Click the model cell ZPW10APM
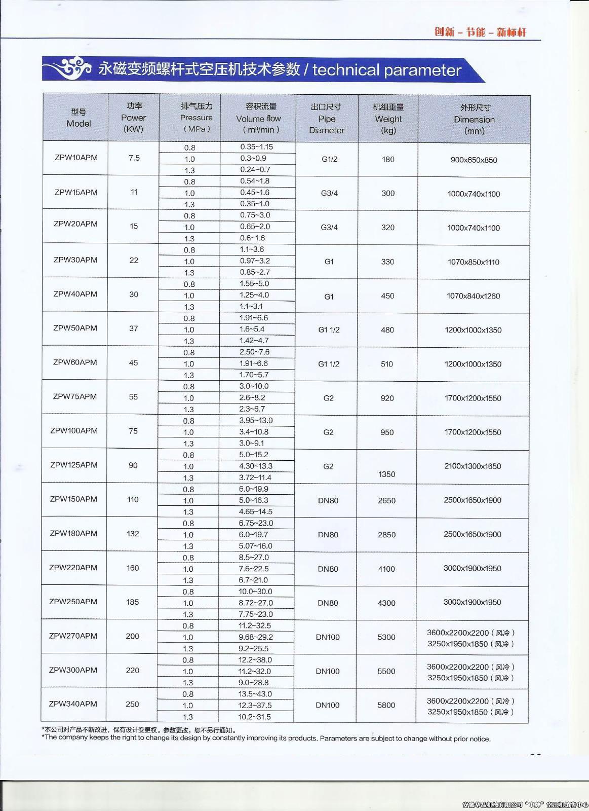pos(76,157)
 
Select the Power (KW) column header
pos(134,118)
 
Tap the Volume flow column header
pos(258,118)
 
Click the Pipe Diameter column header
pos(327,119)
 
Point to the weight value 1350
pos(387,474)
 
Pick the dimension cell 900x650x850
pos(474,160)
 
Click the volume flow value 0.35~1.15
pos(257,147)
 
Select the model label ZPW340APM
pos(73,704)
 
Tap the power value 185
pos(133,602)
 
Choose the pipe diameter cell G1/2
pos(330,159)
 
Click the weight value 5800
pos(386,705)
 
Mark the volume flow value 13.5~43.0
pos(255,694)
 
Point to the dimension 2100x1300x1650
pos(473,466)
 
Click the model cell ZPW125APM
pos(74,465)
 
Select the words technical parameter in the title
pos(387,70)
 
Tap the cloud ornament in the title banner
pos(71,68)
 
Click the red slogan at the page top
pos(480,32)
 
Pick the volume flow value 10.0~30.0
pos(255,592)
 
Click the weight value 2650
pos(387,500)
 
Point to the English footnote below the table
pos(266,739)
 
